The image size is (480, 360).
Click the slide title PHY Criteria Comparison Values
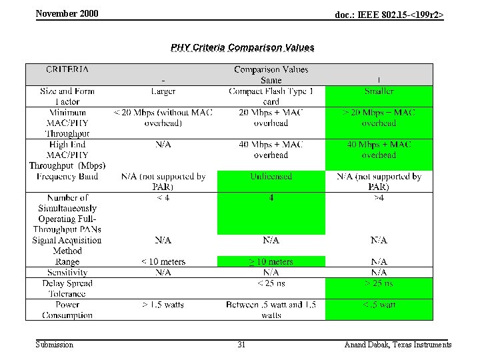click(242, 47)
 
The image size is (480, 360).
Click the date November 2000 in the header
click(67, 13)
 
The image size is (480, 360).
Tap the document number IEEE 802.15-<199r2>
click(389, 14)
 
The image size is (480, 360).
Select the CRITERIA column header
click(67, 69)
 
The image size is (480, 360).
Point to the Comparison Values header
click(271, 69)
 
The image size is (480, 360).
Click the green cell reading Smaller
click(379, 91)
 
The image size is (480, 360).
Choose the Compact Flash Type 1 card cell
click(271, 97)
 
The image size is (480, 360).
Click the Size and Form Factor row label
click(67, 97)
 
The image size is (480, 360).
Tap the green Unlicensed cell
click(271, 177)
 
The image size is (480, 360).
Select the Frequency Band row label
click(67, 177)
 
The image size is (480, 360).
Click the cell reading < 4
click(163, 198)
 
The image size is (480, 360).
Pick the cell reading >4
click(379, 198)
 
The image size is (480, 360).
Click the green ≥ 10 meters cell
click(271, 262)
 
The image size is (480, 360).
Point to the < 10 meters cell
click(163, 262)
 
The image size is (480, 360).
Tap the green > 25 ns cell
click(379, 283)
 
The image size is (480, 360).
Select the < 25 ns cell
click(271, 283)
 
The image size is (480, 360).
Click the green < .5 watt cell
click(379, 305)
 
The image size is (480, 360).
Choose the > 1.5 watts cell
click(163, 305)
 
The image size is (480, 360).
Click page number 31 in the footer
click(241, 345)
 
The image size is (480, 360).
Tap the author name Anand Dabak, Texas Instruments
click(397, 345)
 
